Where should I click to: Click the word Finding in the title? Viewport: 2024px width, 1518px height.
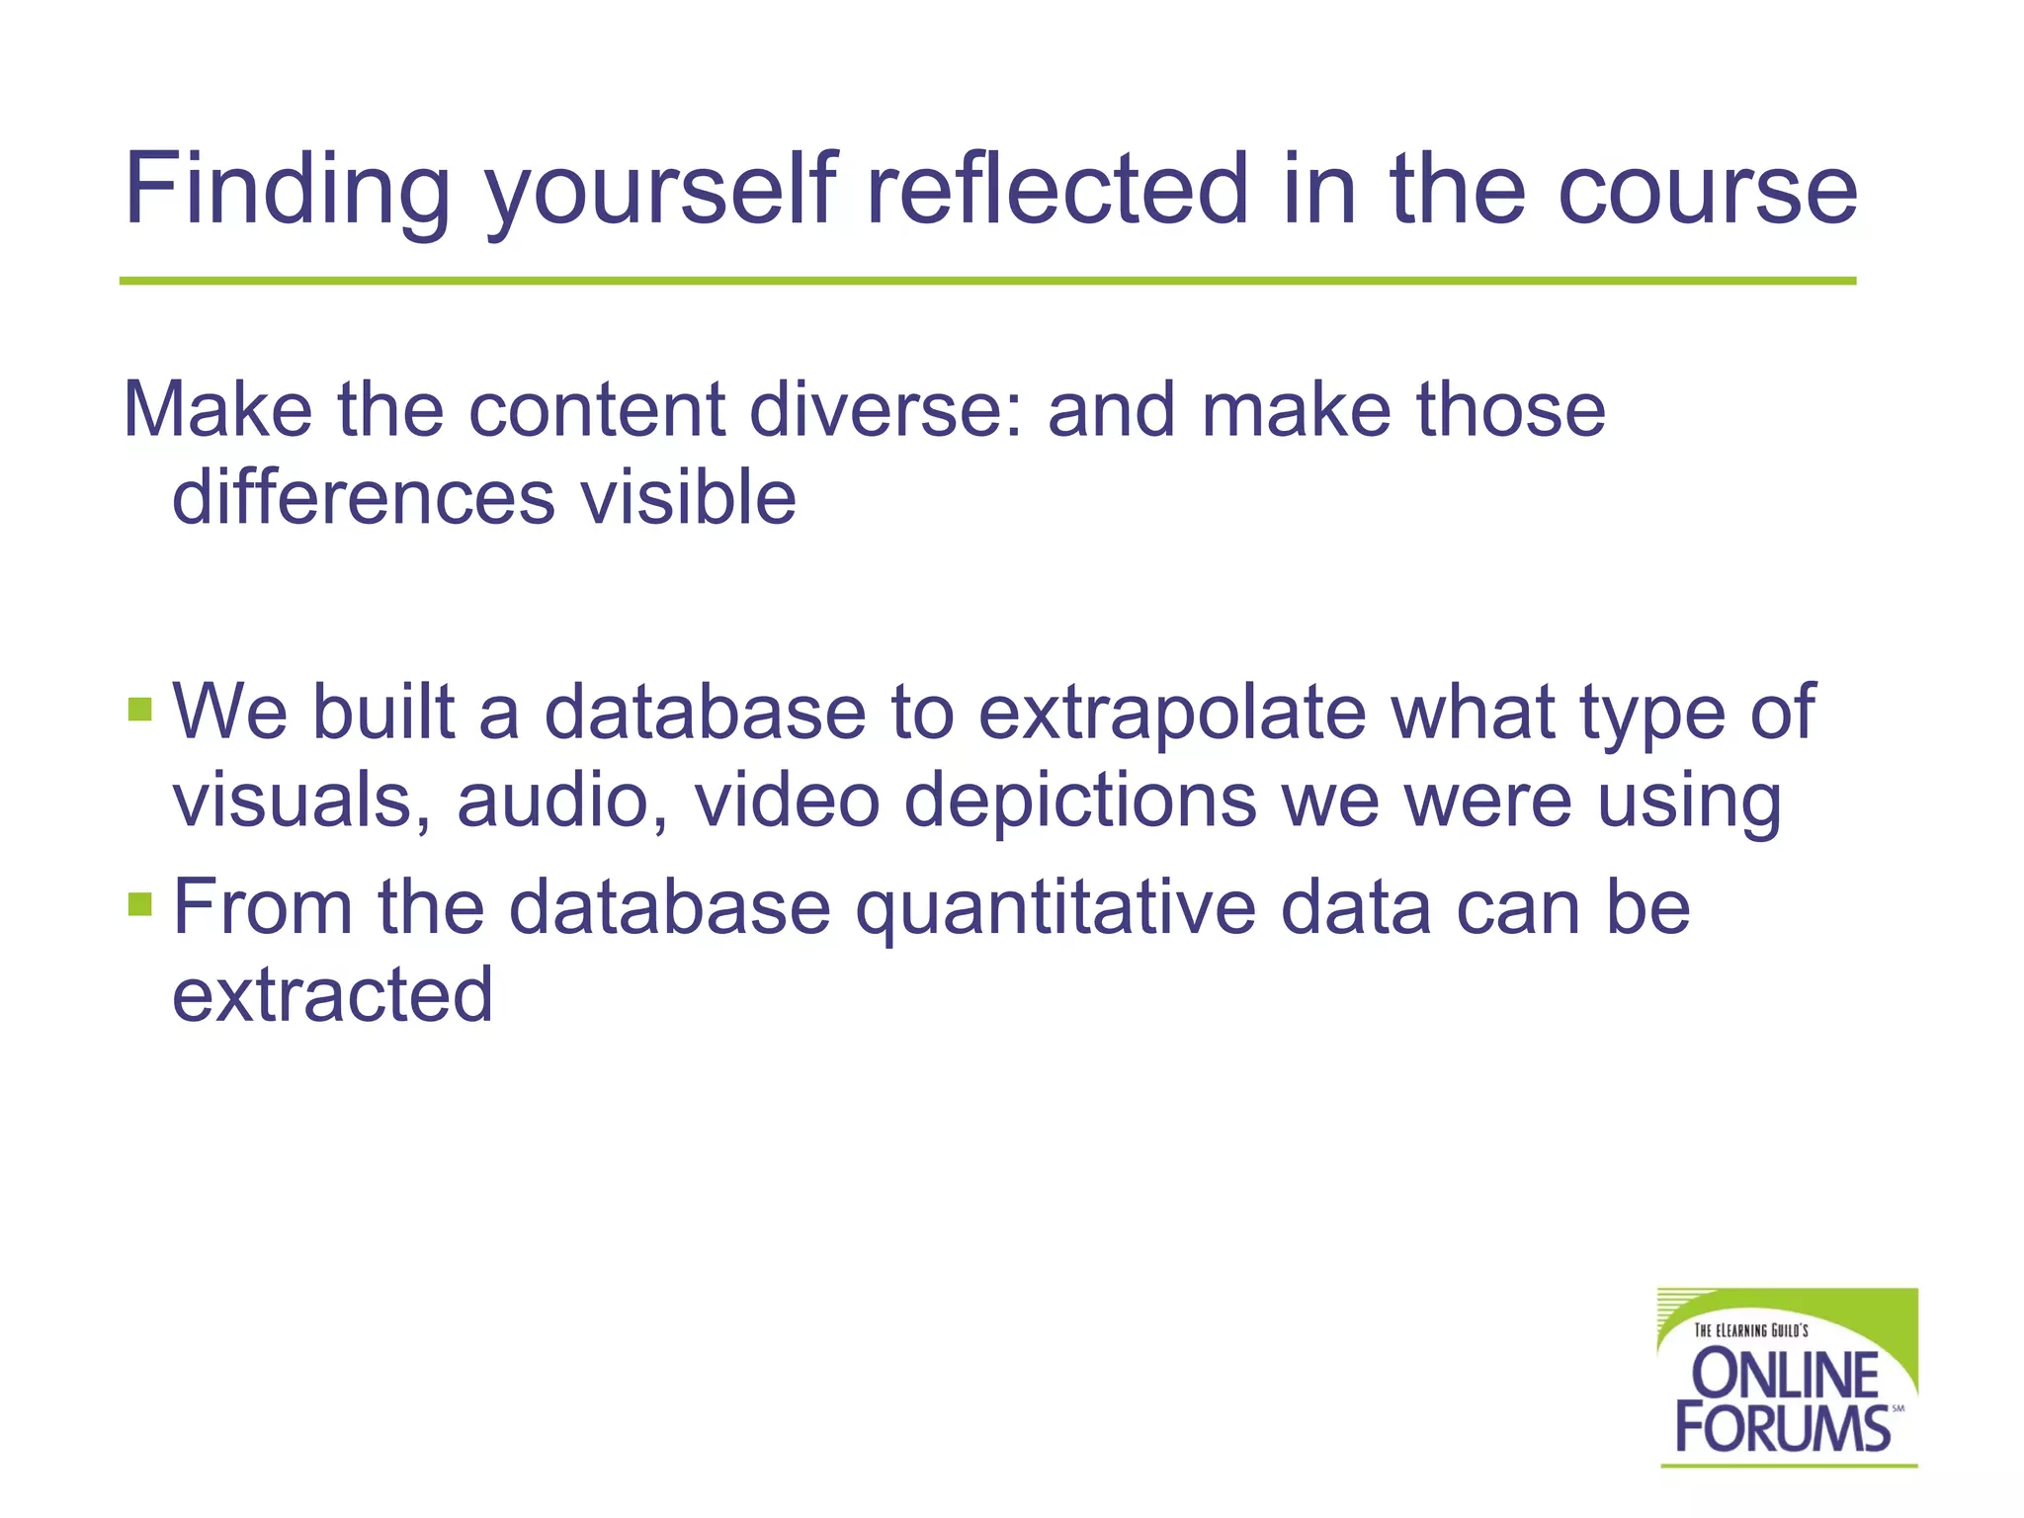(x=287, y=190)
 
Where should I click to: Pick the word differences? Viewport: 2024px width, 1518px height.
(x=363, y=497)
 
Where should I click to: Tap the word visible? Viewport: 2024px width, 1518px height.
(x=688, y=497)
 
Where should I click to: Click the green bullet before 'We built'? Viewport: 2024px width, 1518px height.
(x=140, y=709)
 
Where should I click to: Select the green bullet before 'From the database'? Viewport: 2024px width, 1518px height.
(x=140, y=903)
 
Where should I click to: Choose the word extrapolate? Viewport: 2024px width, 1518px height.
(x=1171, y=714)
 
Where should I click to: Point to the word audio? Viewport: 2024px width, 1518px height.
(x=561, y=800)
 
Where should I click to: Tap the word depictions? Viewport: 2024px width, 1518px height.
(x=1080, y=801)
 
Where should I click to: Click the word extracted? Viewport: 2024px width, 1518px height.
(x=332, y=994)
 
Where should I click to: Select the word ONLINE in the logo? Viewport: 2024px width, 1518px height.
(x=1786, y=1375)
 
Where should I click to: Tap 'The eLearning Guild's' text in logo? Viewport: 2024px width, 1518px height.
(x=1750, y=1330)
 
